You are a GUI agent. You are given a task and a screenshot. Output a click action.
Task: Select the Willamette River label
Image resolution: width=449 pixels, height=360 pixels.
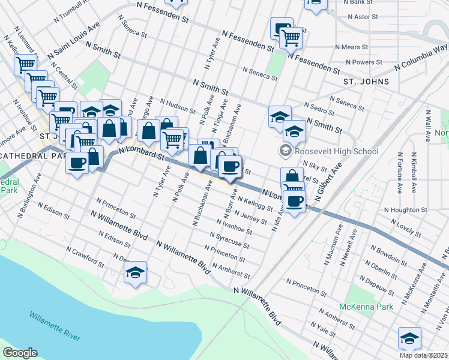55,326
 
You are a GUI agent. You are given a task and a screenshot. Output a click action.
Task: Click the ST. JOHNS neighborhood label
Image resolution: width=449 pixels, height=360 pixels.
366,82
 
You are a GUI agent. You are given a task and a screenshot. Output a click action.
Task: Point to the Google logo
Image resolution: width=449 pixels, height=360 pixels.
20,353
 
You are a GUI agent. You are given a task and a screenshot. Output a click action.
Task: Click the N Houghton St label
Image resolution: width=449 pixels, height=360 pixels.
405,210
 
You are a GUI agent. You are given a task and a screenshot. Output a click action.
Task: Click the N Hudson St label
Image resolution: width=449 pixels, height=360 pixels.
176,106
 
